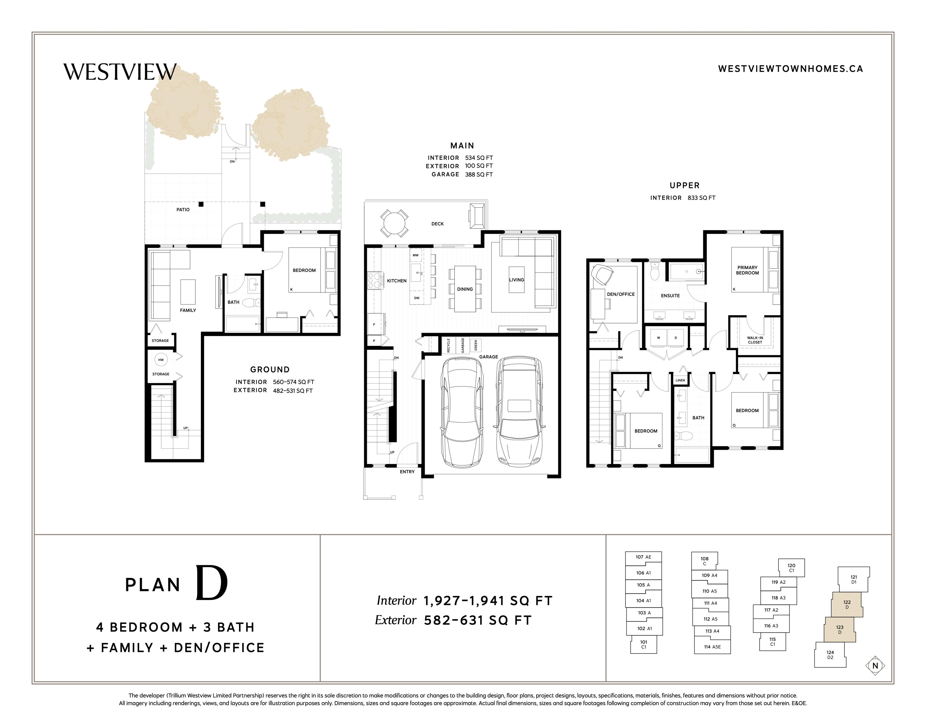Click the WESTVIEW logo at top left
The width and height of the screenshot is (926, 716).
pyautogui.click(x=120, y=72)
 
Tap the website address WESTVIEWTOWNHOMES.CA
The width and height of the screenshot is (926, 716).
pyautogui.click(x=790, y=69)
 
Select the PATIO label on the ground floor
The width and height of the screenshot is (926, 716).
pyautogui.click(x=183, y=209)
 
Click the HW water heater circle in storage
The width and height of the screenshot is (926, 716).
pyautogui.click(x=161, y=360)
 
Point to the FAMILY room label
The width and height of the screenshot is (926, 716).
pyautogui.click(x=188, y=310)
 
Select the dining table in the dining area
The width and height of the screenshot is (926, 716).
pyautogui.click(x=465, y=289)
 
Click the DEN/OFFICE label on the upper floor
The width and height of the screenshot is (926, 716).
pyautogui.click(x=621, y=294)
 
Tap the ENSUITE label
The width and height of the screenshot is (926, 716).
pyautogui.click(x=670, y=296)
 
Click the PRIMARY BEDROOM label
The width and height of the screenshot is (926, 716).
pyautogui.click(x=747, y=270)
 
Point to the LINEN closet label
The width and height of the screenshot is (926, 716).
pyautogui.click(x=680, y=380)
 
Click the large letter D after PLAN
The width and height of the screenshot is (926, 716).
pyautogui.click(x=211, y=584)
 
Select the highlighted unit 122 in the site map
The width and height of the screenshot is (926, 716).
pyautogui.click(x=847, y=604)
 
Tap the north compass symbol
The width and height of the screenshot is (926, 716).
pyautogui.click(x=875, y=666)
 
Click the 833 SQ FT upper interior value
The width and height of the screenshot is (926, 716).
pyautogui.click(x=701, y=198)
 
